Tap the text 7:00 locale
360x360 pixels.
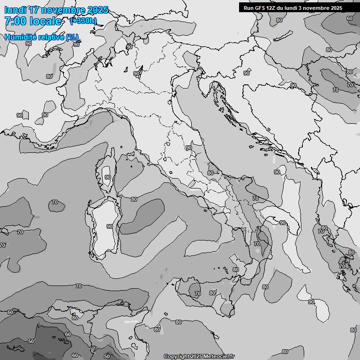pyautogui.click(x=33, y=21)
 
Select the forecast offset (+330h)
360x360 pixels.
pyautogui.click(x=83, y=21)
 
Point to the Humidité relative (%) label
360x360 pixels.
pyautogui.click(x=42, y=37)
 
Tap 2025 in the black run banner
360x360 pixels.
pyautogui.click(x=334, y=8)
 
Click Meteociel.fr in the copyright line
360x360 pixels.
pyautogui.click(x=218, y=356)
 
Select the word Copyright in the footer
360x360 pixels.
pyautogui.click(x=176, y=356)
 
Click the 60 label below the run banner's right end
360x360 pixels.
pyautogui.click(x=350, y=18)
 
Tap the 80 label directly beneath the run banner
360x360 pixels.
pyautogui.click(x=279, y=20)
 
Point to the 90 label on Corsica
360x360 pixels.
pyautogui.click(x=108, y=177)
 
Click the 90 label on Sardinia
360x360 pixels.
pyautogui.click(x=109, y=226)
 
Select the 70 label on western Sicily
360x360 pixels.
pyautogui.click(x=198, y=293)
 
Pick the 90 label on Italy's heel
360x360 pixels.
pyautogui.click(x=283, y=223)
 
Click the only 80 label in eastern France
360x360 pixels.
pyautogui.click(x=49, y=76)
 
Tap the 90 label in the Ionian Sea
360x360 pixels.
pyautogui.click(x=311, y=302)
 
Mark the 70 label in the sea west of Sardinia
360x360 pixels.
pyautogui.click(x=55, y=202)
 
